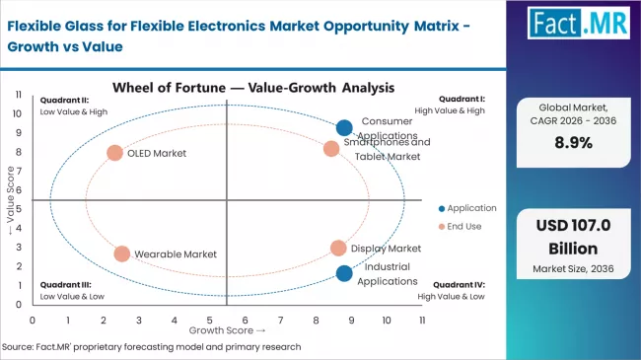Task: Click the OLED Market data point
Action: click(115, 153)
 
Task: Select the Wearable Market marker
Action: click(121, 253)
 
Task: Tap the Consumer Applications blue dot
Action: click(344, 127)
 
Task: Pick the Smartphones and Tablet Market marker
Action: click(331, 149)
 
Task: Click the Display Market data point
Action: click(338, 249)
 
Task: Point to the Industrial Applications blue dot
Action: click(343, 273)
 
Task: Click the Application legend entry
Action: click(468, 208)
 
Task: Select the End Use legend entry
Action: click(462, 226)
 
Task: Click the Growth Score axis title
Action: click(228, 331)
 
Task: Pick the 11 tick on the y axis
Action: click(19, 95)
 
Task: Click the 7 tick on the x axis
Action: click(280, 321)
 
